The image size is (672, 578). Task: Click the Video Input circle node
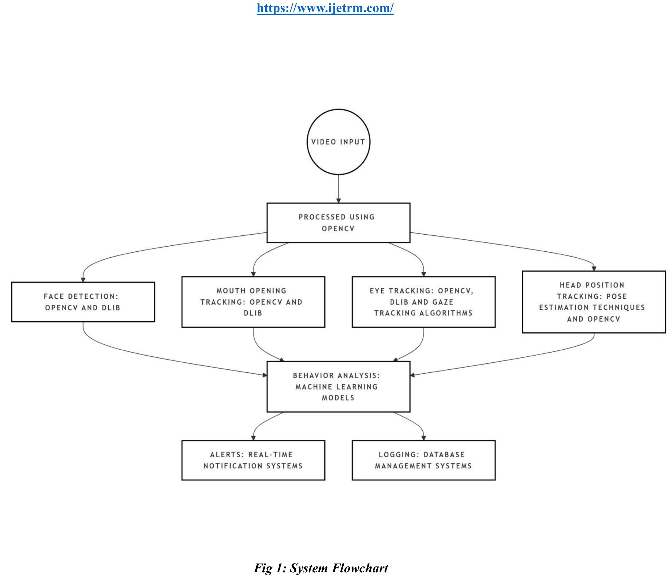coord(338,142)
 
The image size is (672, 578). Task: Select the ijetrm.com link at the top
coord(325,8)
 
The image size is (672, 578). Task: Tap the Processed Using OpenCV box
coord(338,223)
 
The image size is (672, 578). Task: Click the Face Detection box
coord(83,302)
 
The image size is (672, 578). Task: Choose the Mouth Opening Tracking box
coord(253,302)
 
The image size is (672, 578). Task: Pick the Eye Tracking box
coord(423,302)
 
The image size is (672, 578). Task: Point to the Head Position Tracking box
coord(594,302)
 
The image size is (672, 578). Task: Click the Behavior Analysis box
coord(338,386)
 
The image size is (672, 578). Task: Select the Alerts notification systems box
coord(253,460)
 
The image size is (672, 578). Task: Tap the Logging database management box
coord(423,460)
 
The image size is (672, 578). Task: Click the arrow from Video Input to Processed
coord(338,188)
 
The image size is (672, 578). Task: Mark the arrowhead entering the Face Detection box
coord(83,280)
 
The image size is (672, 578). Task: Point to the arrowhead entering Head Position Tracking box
coord(594,269)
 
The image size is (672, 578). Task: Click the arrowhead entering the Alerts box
coord(253,438)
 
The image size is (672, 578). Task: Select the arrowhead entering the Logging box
coord(424,438)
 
